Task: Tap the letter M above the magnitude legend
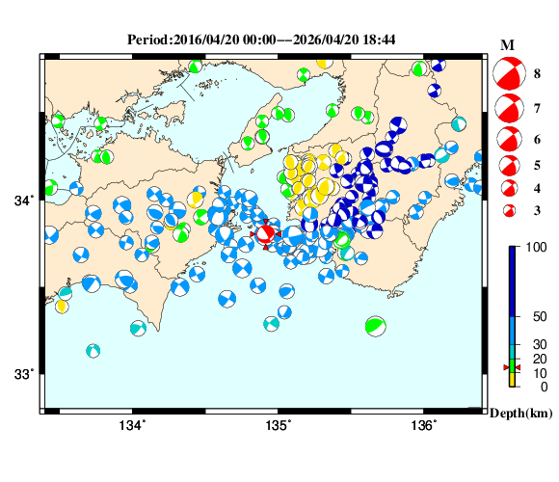(508, 45)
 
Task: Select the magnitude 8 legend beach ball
(508, 72)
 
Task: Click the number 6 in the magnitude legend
(536, 140)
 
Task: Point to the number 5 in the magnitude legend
(536, 165)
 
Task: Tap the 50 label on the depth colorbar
(537, 316)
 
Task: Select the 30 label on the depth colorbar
(537, 345)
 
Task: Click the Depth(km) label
(519, 413)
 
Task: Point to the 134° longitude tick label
(132, 425)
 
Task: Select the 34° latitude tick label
(23, 201)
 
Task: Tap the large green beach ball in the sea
(376, 326)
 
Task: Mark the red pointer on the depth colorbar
(512, 367)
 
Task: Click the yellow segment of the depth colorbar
(514, 380)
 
